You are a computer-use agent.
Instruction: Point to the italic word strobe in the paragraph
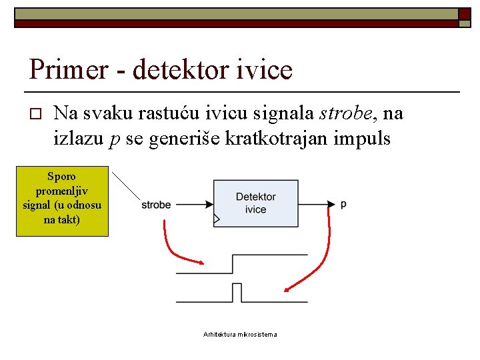(x=345, y=113)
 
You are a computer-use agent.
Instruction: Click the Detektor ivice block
(x=255, y=203)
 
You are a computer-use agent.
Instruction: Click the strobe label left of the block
(x=156, y=205)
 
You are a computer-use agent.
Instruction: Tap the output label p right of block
(x=343, y=204)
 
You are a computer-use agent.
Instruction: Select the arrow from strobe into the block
(x=193, y=205)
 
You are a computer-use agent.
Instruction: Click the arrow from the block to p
(x=317, y=204)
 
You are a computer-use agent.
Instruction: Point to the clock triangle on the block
(x=216, y=219)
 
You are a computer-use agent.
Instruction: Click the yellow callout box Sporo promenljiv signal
(x=62, y=199)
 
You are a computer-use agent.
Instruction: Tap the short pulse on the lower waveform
(x=237, y=292)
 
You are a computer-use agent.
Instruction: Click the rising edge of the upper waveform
(x=232, y=263)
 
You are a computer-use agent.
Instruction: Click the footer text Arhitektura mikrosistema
(x=240, y=334)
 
